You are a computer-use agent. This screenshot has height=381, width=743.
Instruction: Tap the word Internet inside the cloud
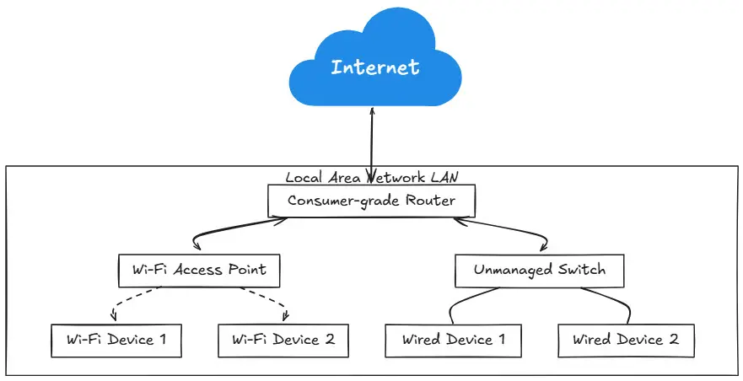coord(374,67)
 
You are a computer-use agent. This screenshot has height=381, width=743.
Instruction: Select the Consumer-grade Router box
coord(372,201)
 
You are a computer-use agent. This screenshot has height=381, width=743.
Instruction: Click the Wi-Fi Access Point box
coord(199,270)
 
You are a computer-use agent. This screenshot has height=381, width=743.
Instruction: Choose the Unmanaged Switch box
coord(539,271)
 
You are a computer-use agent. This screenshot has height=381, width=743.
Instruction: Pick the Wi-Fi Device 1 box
coord(116,340)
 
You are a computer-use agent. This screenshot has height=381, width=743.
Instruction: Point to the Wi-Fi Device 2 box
coord(283,340)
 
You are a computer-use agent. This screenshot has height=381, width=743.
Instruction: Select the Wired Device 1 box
coord(453,340)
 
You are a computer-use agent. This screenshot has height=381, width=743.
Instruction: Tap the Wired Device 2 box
coord(625,340)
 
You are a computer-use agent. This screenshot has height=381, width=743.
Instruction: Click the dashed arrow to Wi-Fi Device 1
coord(135,301)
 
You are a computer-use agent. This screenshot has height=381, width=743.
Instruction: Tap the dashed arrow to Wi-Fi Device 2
coord(266,301)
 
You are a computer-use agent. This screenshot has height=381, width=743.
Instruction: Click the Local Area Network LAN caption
coord(372,177)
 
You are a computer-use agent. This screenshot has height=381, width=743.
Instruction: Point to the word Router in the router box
coord(430,201)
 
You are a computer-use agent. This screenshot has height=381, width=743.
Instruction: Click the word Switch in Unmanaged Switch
coord(581,271)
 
